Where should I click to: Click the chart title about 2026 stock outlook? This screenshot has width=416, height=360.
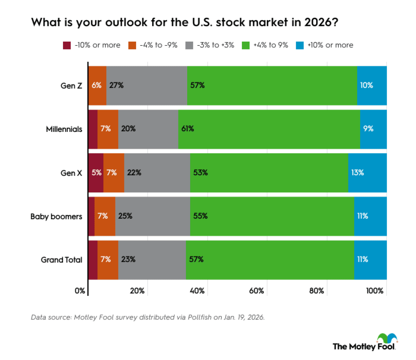(x=185, y=22)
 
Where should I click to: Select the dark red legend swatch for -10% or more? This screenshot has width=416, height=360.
(x=67, y=45)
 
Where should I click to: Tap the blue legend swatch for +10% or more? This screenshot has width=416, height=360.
(x=300, y=45)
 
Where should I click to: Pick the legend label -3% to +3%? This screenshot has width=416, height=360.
(x=215, y=45)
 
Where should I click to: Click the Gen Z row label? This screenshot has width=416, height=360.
(x=71, y=86)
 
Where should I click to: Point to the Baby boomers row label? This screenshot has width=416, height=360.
(x=56, y=217)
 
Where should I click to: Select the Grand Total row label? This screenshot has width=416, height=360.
(x=61, y=260)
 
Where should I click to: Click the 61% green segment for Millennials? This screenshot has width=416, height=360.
(x=269, y=129)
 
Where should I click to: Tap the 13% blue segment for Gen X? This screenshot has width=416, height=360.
(x=367, y=173)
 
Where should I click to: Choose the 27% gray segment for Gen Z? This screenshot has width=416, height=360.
(x=147, y=85)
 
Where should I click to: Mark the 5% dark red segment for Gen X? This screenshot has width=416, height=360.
(x=96, y=173)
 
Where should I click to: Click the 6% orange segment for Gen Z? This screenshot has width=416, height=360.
(x=97, y=85)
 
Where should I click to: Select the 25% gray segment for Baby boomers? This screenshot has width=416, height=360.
(x=152, y=216)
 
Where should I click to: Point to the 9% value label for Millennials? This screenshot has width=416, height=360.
(x=368, y=129)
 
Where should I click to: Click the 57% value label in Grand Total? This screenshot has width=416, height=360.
(x=196, y=259)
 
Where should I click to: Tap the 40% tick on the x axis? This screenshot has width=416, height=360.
(x=197, y=291)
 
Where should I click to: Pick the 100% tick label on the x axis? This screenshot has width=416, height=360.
(x=375, y=291)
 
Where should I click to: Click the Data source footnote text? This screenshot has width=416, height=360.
(x=148, y=317)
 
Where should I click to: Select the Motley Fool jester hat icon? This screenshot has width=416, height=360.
(x=387, y=338)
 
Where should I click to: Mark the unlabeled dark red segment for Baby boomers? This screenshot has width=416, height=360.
(x=91, y=216)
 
